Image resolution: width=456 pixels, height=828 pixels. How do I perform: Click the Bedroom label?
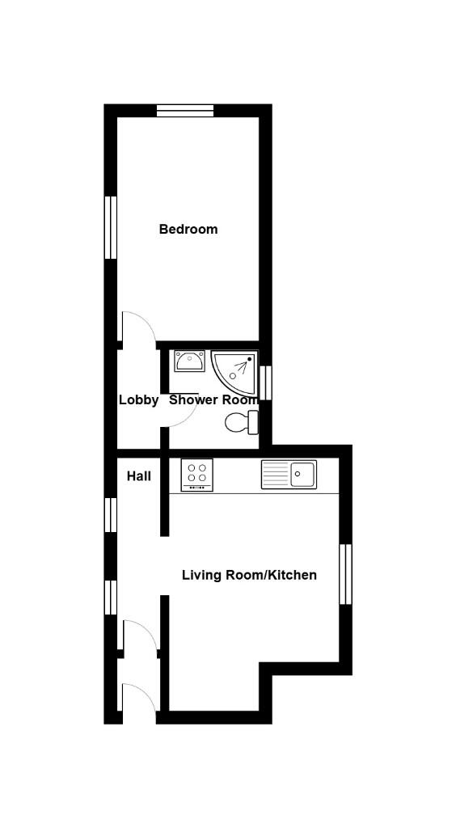[x=188, y=229]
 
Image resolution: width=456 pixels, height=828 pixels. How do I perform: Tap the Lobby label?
[x=138, y=399]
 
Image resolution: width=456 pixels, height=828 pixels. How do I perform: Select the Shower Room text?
[x=213, y=399]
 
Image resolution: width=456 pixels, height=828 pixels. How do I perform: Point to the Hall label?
[x=138, y=476]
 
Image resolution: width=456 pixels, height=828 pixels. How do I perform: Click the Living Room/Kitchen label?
[x=249, y=575]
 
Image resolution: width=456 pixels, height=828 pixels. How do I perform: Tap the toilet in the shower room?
[x=241, y=421]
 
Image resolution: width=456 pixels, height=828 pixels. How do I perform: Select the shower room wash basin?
[x=189, y=361]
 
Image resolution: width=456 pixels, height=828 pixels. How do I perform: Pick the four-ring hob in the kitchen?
[x=196, y=474]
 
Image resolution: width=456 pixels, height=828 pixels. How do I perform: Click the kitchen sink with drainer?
[x=288, y=474]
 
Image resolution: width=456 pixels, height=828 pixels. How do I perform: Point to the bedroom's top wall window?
[x=184, y=111]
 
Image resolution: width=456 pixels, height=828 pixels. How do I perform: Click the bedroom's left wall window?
[x=111, y=227]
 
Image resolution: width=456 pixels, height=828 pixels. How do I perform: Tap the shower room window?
[x=266, y=382]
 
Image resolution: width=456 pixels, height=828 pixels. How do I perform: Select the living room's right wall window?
[x=345, y=574]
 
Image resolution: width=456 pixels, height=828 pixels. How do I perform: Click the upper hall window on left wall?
[x=111, y=514]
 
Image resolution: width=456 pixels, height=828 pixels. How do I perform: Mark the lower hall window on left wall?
[x=111, y=598]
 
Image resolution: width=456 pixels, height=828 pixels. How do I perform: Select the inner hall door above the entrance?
[x=137, y=634]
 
